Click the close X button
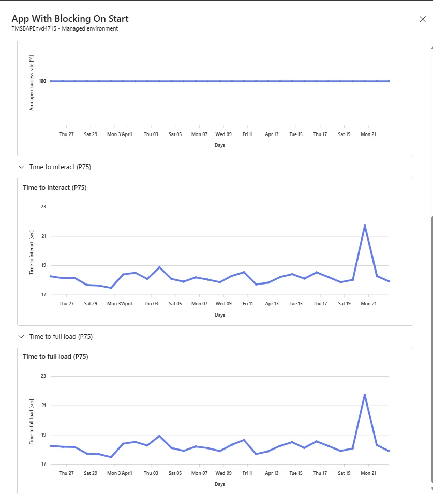tap(422, 19)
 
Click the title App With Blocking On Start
tap(70, 19)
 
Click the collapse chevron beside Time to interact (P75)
tap(21, 167)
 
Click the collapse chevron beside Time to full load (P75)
tap(21, 337)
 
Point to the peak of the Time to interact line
tap(365, 226)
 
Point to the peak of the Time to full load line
tap(365, 395)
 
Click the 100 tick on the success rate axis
tap(42, 81)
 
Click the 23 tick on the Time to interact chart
tap(43, 207)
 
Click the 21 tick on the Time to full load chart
tap(43, 406)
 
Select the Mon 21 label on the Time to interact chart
tap(368, 304)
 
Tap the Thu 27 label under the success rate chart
tap(66, 134)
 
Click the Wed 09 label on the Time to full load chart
tap(223, 473)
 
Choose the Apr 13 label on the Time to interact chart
tap(272, 304)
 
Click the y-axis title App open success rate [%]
tap(32, 82)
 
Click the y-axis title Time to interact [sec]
tap(32, 251)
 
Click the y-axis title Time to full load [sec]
tap(32, 421)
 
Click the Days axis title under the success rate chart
tap(220, 145)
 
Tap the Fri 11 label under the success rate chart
tap(247, 134)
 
